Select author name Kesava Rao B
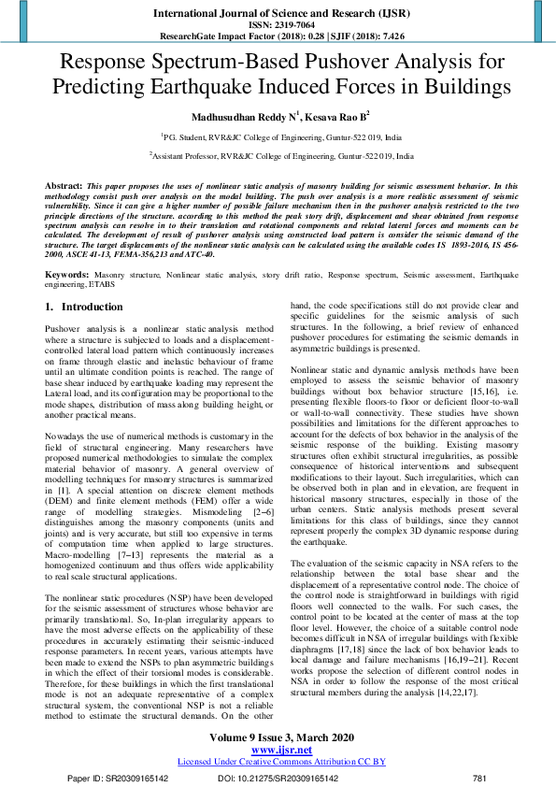[x=342, y=118]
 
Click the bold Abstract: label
[x=64, y=186]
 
